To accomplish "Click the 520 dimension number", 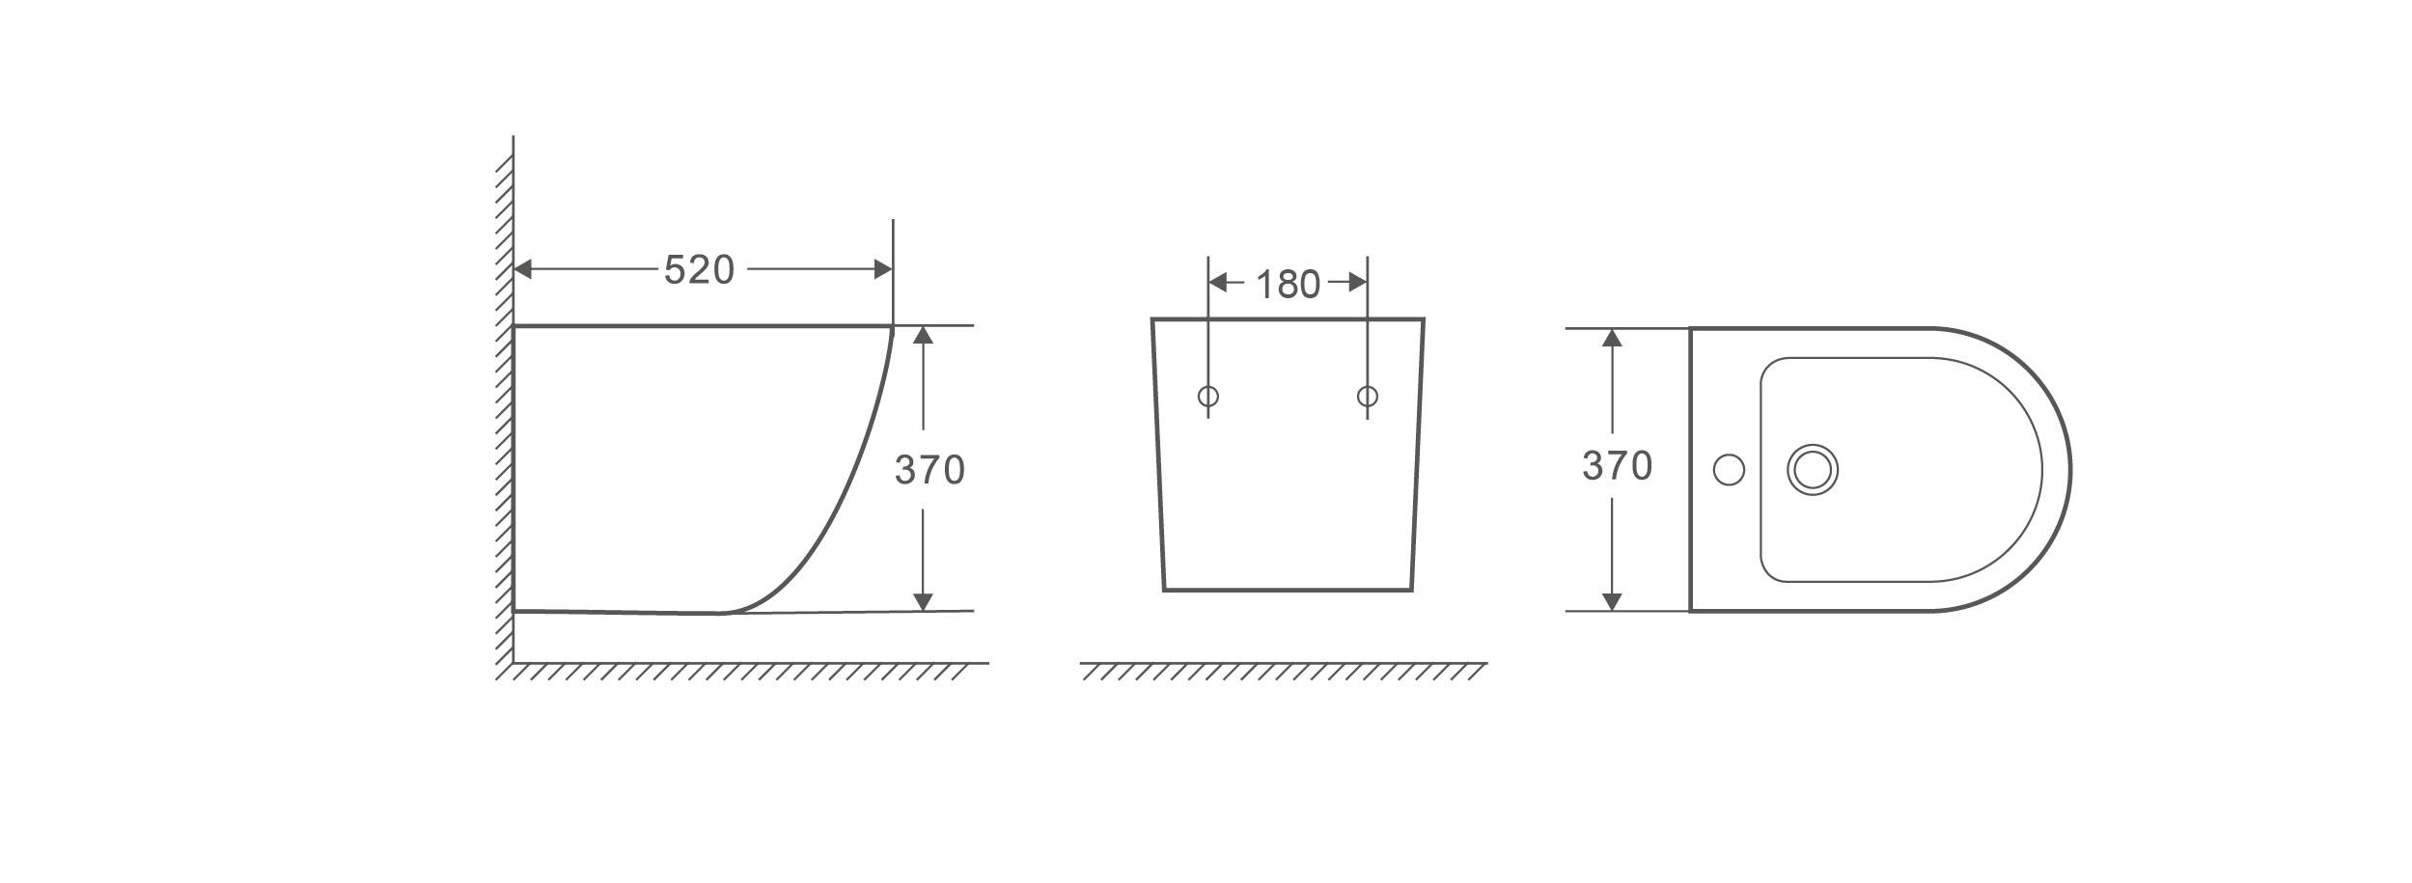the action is coord(699,270).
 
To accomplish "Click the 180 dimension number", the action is coord(1288,284).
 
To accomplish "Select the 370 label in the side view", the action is coord(929,470).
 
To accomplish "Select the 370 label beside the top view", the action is coord(1618,467).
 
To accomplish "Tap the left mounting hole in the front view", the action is coord(1207,397).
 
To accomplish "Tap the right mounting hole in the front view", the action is coord(1367,397).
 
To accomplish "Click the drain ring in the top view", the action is coord(1813,470).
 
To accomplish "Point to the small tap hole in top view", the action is coord(1729,470).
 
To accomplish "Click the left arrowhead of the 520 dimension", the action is coord(523,269).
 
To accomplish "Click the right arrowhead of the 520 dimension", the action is coord(882,269).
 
